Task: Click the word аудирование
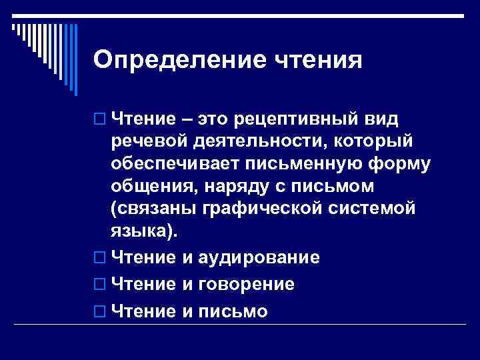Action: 256,257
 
